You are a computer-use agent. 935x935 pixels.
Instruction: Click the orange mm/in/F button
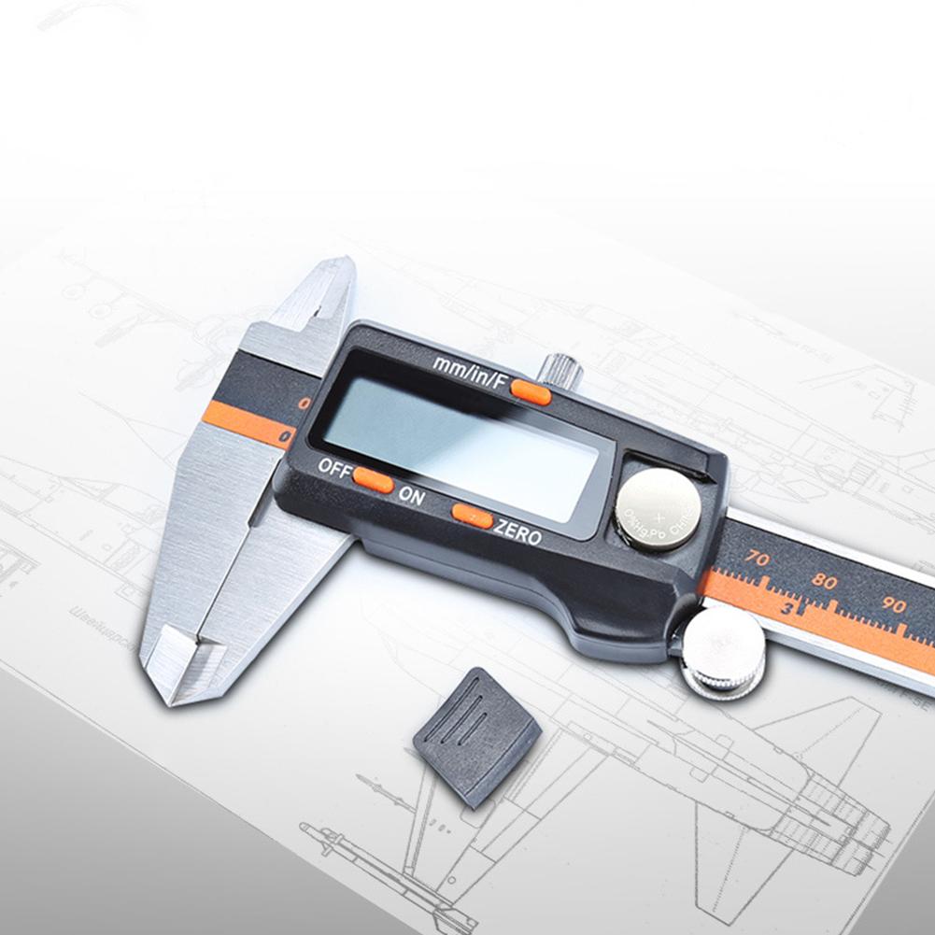(x=531, y=392)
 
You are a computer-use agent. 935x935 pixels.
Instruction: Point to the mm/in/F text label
(x=469, y=371)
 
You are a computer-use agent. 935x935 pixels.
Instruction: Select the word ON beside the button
(x=411, y=496)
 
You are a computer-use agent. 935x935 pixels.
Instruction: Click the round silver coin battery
(x=658, y=508)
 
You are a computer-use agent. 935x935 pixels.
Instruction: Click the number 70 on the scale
(x=757, y=560)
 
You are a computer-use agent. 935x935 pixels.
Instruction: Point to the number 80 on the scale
(x=824, y=581)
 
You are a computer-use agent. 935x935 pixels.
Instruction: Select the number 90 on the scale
(x=893, y=604)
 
